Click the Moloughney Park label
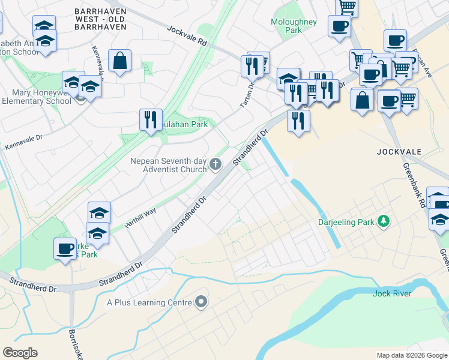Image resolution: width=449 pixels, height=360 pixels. point(293,25)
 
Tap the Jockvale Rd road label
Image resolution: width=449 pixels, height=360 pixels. point(187,36)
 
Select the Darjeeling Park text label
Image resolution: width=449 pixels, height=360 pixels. point(346,223)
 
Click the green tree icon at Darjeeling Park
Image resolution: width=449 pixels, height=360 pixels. point(383,223)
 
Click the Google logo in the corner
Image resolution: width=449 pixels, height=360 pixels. point(20,353)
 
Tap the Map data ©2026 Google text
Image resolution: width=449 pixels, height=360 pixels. point(412,355)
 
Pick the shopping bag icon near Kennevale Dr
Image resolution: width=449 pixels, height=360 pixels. point(120,60)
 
